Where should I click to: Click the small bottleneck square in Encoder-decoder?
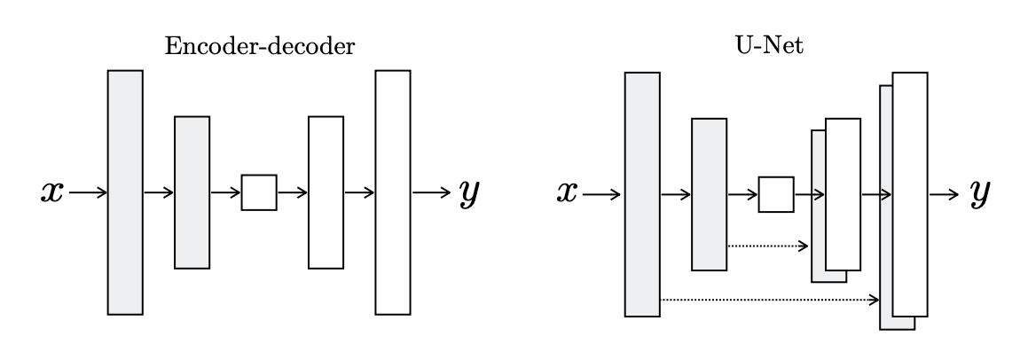(x=259, y=192)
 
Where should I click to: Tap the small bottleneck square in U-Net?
(x=775, y=194)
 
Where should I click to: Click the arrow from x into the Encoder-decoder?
(x=88, y=192)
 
